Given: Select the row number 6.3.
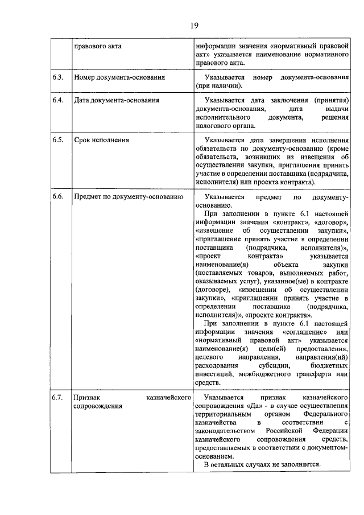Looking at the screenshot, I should point(57,77).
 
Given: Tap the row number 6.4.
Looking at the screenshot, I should point(57,100).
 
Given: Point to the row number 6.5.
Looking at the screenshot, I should point(57,140).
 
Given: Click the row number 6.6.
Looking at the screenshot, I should point(57,196).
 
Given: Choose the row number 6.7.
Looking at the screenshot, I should point(57,397).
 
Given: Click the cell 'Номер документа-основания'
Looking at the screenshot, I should point(120,77).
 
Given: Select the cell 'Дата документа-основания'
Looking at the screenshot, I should point(116,100).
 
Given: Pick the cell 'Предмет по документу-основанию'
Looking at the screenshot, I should point(129,196).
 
